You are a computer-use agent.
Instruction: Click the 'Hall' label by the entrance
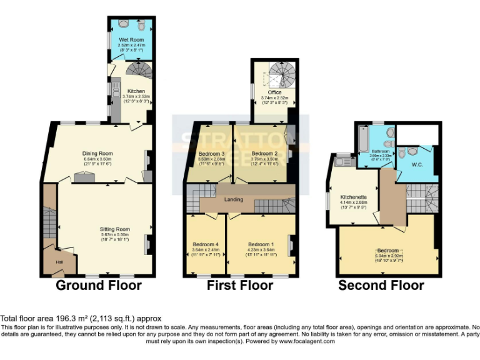coord(60,262)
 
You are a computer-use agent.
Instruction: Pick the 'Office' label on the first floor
coord(275,92)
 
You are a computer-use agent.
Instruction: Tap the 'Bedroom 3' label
coord(211,154)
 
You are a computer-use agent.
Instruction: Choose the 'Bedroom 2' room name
coord(264,154)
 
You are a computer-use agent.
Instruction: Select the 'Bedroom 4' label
coord(206,244)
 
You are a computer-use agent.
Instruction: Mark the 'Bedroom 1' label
coord(259,244)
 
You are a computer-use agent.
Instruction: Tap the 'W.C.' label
coord(417,165)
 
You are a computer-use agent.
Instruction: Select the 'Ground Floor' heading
coord(99,286)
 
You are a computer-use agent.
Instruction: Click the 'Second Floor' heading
coord(381,286)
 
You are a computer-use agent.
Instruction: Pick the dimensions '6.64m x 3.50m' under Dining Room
coord(97,159)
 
